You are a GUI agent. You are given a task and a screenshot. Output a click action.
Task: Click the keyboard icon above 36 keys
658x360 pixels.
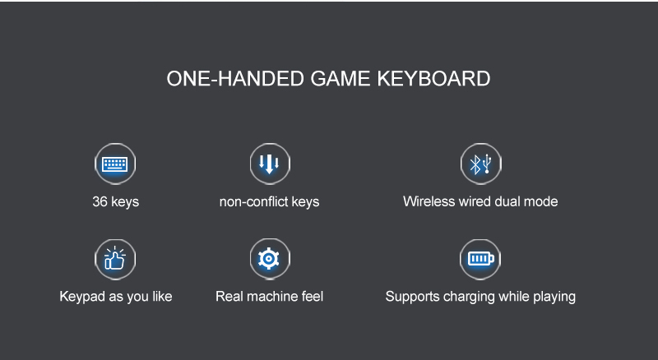pyautogui.click(x=115, y=164)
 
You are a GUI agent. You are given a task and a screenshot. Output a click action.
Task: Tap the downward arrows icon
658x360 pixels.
pyautogui.click(x=270, y=164)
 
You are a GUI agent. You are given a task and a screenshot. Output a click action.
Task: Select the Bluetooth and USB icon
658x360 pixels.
pyautogui.click(x=480, y=164)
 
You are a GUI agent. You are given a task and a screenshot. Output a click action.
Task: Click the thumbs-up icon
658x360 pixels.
pyautogui.click(x=115, y=259)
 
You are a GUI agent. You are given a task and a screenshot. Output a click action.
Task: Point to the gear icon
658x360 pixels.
pyautogui.click(x=270, y=259)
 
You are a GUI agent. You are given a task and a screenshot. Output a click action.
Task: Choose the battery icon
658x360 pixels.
pyautogui.click(x=480, y=259)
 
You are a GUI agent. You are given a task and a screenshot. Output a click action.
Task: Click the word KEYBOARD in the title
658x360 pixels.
pyautogui.click(x=433, y=78)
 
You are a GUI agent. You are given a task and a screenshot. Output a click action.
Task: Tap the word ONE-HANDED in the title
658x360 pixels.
pyautogui.click(x=235, y=78)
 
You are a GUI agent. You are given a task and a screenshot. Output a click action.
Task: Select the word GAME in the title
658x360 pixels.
pyautogui.click(x=341, y=78)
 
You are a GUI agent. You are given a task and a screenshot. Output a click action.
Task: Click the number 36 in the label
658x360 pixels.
pyautogui.click(x=100, y=201)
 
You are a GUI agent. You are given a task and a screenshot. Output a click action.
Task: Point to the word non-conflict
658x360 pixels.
pyautogui.click(x=253, y=201)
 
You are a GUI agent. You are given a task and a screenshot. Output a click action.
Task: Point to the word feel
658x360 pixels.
pyautogui.click(x=313, y=296)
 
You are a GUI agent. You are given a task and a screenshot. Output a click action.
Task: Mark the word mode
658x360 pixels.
pyautogui.click(x=540, y=201)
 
